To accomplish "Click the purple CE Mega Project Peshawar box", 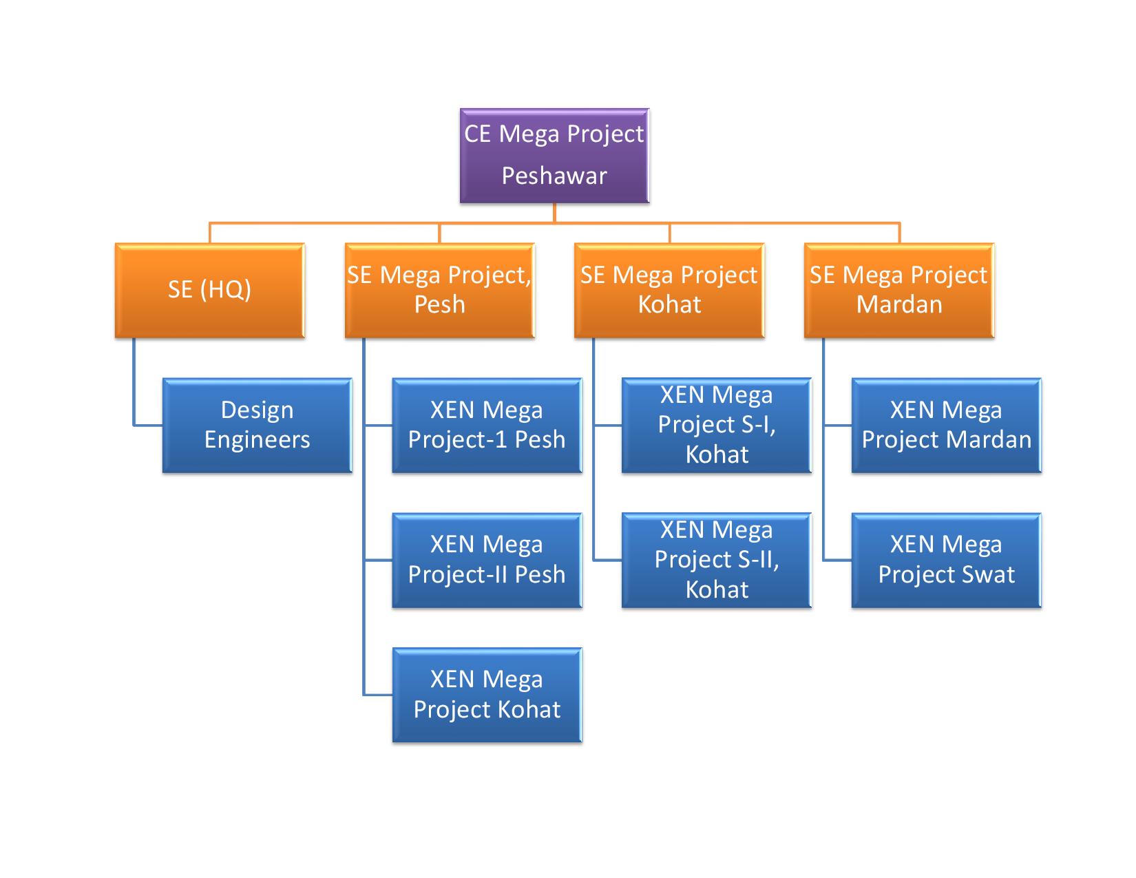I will pos(554,155).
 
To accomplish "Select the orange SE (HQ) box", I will pos(209,290).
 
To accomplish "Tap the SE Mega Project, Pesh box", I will pos(439,290).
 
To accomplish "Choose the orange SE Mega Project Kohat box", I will pos(669,290).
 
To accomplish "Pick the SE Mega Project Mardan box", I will pos(899,290).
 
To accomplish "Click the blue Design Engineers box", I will pos(257,425).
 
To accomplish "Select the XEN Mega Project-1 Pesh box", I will pos(487,425).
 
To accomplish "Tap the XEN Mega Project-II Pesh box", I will pos(487,560).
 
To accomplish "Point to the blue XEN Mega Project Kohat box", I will pos(487,695).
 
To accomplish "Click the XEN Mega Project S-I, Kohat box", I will pos(717,425).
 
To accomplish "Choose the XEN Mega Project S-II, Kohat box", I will pos(717,560).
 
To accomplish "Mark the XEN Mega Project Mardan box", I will pos(947,425).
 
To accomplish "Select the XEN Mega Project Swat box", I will pos(947,560).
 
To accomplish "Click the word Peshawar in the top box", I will pos(554,176).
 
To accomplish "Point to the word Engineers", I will pos(257,440).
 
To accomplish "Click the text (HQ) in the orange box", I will pos(225,290).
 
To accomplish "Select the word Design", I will pos(257,410).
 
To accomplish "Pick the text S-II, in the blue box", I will pos(755,559).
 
